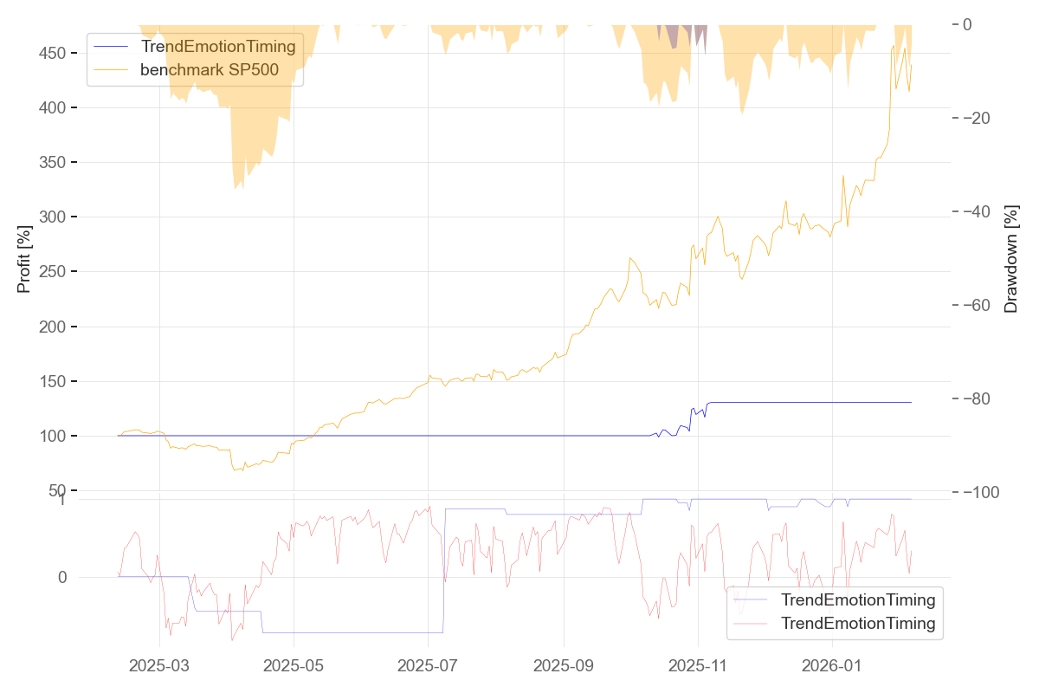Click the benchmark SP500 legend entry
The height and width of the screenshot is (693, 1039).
[x=209, y=70]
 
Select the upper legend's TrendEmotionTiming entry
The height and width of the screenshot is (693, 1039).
[x=217, y=47]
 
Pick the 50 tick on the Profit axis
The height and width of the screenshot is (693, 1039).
[x=57, y=490]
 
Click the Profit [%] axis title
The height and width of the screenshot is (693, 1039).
[x=24, y=258]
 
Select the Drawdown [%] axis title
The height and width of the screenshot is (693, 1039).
[x=1010, y=258]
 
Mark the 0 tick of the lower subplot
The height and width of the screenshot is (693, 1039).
[x=62, y=577]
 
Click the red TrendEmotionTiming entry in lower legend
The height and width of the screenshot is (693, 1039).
[x=857, y=623]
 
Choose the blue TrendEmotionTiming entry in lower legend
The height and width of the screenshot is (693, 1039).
[x=857, y=599]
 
